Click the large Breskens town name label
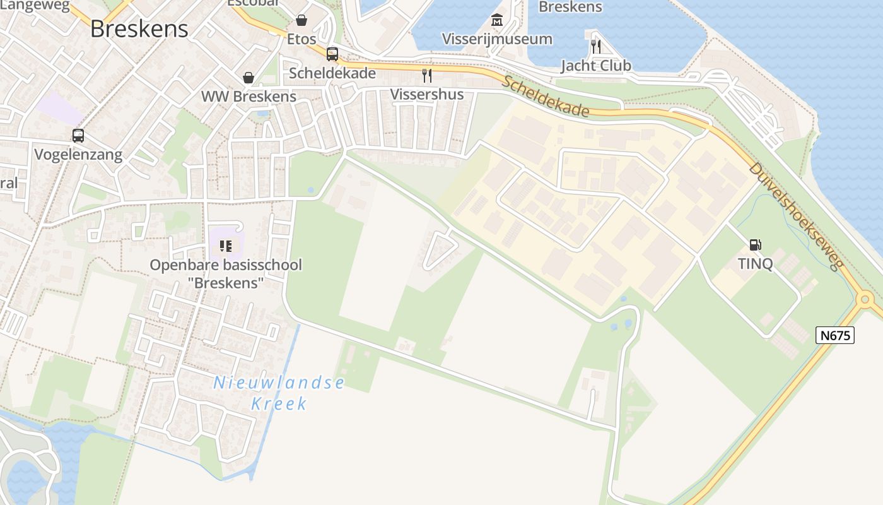(x=139, y=29)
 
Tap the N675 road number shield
(x=835, y=335)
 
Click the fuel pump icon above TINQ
(x=755, y=245)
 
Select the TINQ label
(x=755, y=263)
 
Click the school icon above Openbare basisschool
(x=226, y=246)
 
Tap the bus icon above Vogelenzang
(x=78, y=136)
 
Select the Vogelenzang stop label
(x=78, y=155)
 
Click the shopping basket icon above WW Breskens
(x=249, y=78)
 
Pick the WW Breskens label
(x=249, y=97)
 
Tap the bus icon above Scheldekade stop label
(x=332, y=54)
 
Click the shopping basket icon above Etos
(x=301, y=21)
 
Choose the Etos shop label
(x=301, y=39)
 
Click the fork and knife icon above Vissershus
(x=427, y=76)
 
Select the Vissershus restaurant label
(x=427, y=95)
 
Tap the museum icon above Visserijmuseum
(x=497, y=20)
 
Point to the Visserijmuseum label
(x=497, y=39)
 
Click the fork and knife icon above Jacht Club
(x=595, y=46)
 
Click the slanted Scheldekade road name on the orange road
(x=546, y=97)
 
